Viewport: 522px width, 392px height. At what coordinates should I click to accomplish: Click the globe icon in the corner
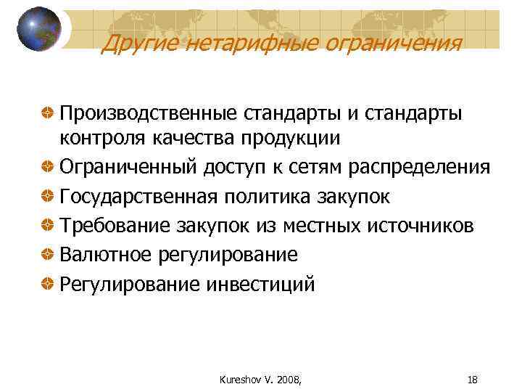tap(39, 28)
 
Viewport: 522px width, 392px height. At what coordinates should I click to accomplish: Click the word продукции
tap(289, 138)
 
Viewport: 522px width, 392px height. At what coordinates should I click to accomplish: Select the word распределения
tap(417, 167)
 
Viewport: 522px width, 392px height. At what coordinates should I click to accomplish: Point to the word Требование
tap(115, 225)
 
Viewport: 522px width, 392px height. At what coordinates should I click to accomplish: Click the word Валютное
tap(107, 254)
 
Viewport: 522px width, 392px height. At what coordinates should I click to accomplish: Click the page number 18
tap(473, 378)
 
